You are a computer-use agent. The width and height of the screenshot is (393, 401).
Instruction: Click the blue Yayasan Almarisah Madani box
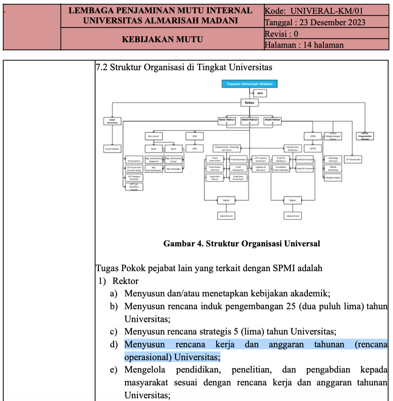(249, 84)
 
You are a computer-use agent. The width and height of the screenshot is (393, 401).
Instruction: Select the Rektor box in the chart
(249, 103)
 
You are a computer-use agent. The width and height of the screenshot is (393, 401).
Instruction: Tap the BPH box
(260, 93)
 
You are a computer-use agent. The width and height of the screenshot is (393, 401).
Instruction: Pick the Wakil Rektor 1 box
(226, 121)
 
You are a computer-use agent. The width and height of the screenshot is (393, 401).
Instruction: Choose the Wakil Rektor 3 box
(273, 121)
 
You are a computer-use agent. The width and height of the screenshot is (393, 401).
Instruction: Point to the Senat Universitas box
(112, 121)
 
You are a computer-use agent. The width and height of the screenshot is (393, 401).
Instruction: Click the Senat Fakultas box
(112, 149)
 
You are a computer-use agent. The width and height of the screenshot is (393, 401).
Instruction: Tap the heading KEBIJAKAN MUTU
(162, 39)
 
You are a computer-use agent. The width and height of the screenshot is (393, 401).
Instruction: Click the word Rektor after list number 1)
(126, 281)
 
